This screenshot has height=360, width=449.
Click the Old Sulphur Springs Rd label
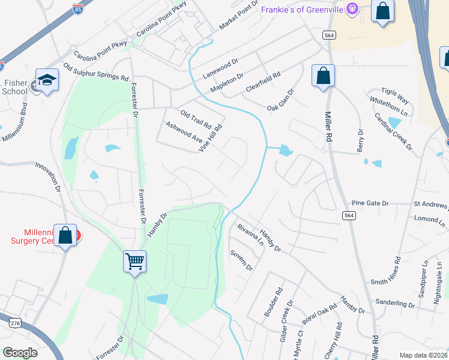(96, 70)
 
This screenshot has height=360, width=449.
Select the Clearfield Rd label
(263, 83)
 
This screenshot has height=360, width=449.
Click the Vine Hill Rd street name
(211, 138)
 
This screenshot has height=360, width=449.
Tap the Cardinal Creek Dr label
(393, 131)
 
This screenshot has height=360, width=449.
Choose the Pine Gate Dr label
(370, 203)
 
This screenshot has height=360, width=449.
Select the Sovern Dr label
(241, 260)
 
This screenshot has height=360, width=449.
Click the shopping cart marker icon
(135, 262)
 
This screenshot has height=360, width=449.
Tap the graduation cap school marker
(46, 80)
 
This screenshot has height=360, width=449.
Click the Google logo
(19, 352)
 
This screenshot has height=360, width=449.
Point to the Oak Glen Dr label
(280, 100)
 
